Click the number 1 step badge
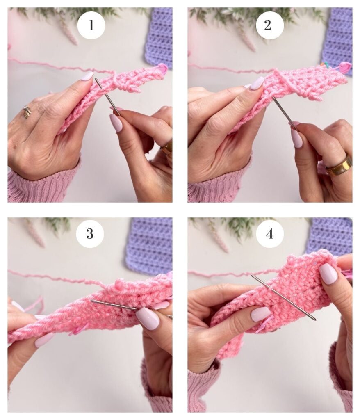pos(91,25)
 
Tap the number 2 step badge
pos(269,25)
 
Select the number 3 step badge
pos(90,233)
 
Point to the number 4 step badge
pos(269,233)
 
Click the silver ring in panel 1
pos(26,112)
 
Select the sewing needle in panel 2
pos(285,114)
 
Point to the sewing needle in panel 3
pos(131,308)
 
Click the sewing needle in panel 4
pos(283,297)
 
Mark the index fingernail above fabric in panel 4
pos(328,273)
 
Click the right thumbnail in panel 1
pos(116,123)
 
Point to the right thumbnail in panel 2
pos(297,138)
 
